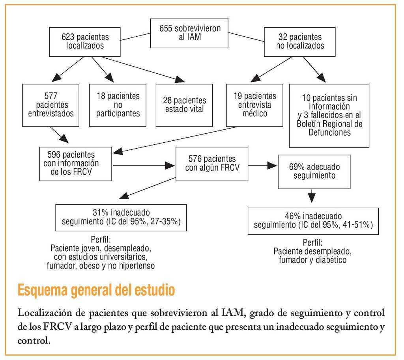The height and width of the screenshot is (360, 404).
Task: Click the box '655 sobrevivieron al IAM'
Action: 190,33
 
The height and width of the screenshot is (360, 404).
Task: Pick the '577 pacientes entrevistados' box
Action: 51,105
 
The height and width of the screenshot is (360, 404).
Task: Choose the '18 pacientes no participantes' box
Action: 118,105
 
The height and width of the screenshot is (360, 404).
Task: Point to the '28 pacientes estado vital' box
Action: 184,105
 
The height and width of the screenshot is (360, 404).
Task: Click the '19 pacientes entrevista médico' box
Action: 254,105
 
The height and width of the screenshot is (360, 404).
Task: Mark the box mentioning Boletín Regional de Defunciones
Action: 329,116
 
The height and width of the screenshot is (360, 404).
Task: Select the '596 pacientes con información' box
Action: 75,164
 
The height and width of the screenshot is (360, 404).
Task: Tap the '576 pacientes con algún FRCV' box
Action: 212,163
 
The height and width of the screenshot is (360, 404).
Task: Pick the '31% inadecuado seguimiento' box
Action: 121,217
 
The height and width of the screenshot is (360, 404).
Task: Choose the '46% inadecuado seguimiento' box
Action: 313,221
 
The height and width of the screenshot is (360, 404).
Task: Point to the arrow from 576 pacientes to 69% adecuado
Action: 263,166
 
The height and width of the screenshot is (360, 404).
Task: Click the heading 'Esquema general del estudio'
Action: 96,290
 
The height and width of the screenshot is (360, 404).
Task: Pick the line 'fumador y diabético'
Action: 312,260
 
